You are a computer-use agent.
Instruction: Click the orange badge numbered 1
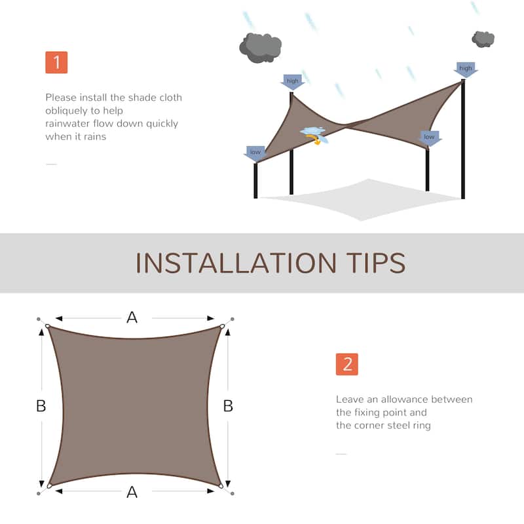click(x=56, y=62)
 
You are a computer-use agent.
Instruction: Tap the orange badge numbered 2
click(x=346, y=364)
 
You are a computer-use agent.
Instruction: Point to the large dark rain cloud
click(x=260, y=47)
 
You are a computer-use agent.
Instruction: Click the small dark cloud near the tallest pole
click(x=483, y=39)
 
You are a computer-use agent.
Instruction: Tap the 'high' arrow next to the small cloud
click(x=466, y=69)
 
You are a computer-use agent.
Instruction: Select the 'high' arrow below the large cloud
click(x=292, y=82)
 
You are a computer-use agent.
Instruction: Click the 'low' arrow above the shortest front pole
click(x=255, y=153)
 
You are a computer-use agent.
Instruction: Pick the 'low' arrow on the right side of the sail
click(x=429, y=138)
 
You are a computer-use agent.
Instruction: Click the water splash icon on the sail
click(x=313, y=134)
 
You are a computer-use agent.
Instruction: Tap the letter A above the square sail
click(x=132, y=318)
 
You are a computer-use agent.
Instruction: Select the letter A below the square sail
click(x=132, y=493)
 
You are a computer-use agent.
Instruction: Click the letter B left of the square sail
click(x=41, y=406)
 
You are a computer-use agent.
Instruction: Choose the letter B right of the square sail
click(x=228, y=406)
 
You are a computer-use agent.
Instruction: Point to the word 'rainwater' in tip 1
click(x=68, y=123)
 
